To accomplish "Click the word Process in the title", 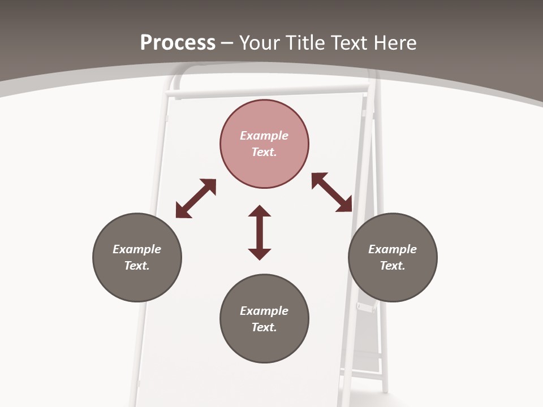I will coord(178,42).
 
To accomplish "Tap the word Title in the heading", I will coord(304,42).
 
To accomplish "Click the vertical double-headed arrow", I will coord(260,232).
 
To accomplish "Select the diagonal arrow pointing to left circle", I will coord(196,198).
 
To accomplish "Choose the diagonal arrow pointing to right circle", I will coord(332,192).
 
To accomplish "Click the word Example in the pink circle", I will coord(264,136).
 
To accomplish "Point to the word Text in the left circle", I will coord(137,266).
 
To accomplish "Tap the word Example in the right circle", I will coord(393,249).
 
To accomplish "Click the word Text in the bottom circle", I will coord(264,327).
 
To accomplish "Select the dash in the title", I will coord(227,43).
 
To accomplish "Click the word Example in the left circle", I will coord(137,249).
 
